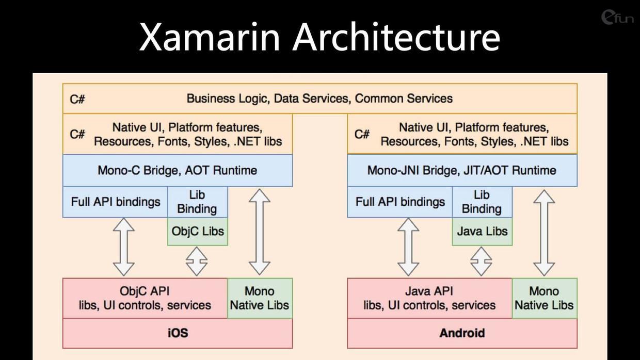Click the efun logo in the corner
click(x=617, y=18)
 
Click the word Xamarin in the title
click(x=209, y=37)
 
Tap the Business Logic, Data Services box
click(x=319, y=99)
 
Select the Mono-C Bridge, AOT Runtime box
click(x=178, y=170)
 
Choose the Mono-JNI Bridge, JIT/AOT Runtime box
click(x=462, y=170)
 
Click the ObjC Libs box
click(x=198, y=231)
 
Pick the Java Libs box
click(x=482, y=231)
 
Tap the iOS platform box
click(x=178, y=333)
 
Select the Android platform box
click(x=462, y=333)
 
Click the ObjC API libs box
click(x=145, y=298)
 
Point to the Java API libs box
click(x=429, y=298)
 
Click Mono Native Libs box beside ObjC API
click(x=260, y=298)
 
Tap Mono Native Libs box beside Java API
click(x=545, y=298)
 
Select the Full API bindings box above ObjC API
click(x=115, y=202)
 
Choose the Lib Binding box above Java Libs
click(x=482, y=202)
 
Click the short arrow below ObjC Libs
click(x=197, y=261)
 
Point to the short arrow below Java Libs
click(x=481, y=261)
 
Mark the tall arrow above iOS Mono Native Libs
click(x=260, y=232)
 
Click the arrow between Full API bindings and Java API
click(x=408, y=247)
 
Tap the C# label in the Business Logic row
click(x=77, y=100)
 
